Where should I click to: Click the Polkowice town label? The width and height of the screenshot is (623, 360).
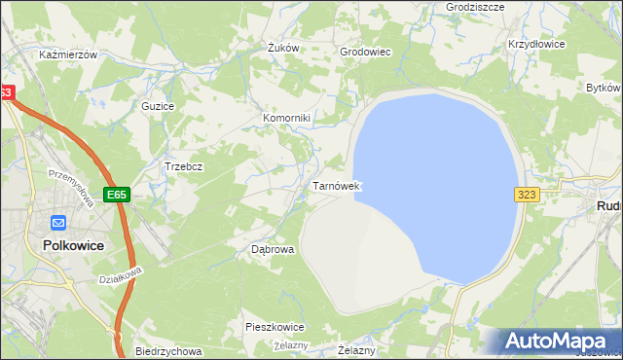click(74, 246)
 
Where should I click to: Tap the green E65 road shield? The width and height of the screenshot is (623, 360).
click(117, 195)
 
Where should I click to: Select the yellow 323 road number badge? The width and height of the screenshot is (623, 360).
click(527, 195)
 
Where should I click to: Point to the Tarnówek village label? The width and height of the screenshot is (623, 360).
click(337, 186)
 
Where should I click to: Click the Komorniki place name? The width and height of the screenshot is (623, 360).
click(286, 119)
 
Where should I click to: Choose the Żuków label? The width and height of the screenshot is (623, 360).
click(282, 48)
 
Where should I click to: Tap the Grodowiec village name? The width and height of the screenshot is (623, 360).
click(365, 53)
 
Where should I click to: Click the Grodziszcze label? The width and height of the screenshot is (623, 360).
click(474, 6)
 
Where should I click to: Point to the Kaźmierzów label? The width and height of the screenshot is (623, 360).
click(68, 55)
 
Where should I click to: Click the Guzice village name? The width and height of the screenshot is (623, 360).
click(158, 106)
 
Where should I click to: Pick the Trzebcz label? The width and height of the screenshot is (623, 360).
click(183, 166)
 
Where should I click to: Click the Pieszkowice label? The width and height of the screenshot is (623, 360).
click(275, 327)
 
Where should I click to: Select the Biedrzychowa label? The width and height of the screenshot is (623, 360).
click(168, 351)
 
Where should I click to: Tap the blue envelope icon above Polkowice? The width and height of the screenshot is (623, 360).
click(57, 222)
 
